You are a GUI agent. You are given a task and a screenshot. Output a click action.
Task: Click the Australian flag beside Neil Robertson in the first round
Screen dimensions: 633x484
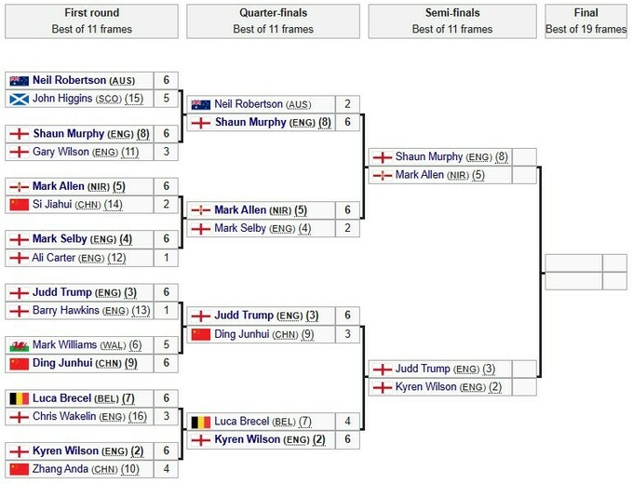coord(19,80)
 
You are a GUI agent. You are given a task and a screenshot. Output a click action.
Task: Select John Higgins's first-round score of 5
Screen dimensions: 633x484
coord(166,98)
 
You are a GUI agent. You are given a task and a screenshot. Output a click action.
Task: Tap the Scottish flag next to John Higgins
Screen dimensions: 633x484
coord(19,99)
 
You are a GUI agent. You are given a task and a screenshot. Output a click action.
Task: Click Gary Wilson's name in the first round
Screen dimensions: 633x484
coord(61,152)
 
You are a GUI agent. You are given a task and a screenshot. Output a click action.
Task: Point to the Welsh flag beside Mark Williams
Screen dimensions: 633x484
coord(19,345)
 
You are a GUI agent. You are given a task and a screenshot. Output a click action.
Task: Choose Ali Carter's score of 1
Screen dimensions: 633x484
coord(166,258)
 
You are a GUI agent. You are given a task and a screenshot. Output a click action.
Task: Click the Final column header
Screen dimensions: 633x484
coord(586,21)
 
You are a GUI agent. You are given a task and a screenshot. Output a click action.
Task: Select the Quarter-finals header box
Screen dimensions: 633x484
coord(273,21)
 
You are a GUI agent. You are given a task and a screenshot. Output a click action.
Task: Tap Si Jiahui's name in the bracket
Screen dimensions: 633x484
coord(52,204)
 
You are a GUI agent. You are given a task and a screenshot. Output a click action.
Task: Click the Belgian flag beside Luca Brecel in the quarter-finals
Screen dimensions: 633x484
coord(201,423)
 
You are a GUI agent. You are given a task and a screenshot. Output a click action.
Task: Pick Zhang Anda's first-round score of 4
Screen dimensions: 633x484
coord(166,469)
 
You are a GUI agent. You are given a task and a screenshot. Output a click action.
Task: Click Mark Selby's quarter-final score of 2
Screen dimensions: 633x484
coord(347,228)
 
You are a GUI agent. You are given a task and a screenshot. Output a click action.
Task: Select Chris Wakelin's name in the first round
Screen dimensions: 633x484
coord(64,416)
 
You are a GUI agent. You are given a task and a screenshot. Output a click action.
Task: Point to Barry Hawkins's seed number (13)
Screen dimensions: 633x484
coord(141,311)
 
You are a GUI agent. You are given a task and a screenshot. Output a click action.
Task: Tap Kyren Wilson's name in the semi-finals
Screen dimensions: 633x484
coord(425,386)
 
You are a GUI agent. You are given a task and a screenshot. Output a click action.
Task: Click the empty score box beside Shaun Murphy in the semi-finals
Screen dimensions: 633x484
coord(524,157)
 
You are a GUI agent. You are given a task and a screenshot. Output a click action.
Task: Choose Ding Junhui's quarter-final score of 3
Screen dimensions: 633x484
coord(347,334)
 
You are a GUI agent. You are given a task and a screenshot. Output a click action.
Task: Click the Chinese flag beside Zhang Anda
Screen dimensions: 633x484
coord(19,469)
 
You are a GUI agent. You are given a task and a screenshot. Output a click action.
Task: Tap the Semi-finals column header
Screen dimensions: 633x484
coord(452,21)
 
